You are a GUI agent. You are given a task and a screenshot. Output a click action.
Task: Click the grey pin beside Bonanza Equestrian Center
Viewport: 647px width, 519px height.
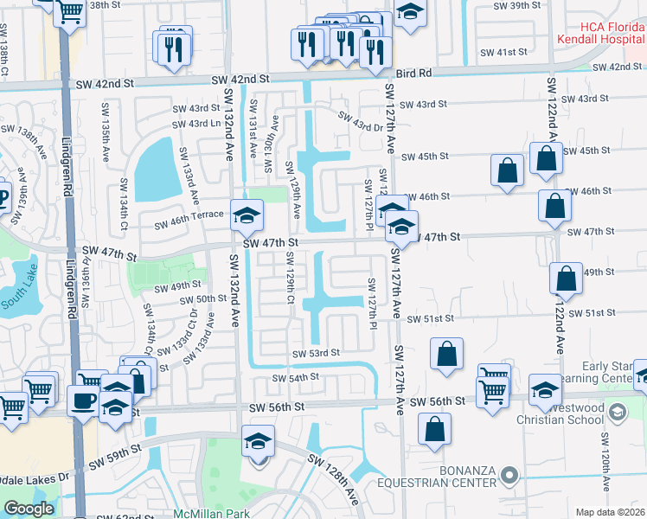click(509, 474)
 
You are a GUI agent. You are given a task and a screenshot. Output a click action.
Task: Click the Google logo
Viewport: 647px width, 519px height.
click(29, 509)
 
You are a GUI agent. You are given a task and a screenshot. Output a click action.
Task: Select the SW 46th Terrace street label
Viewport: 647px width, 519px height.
click(189, 224)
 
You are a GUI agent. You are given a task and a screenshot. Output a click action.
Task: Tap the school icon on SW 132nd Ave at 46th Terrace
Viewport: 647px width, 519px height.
click(247, 215)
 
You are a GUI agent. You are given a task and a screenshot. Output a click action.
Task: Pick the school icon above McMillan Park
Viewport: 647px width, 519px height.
click(258, 442)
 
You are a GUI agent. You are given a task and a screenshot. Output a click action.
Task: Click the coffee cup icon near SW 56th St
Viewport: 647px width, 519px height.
click(84, 401)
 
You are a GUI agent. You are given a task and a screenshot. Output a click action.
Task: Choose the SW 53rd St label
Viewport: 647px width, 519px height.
click(316, 353)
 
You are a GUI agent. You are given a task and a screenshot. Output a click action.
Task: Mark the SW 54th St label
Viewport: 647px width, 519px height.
click(297, 378)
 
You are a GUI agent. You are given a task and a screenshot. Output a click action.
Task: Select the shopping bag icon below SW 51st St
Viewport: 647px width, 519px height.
click(445, 354)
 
